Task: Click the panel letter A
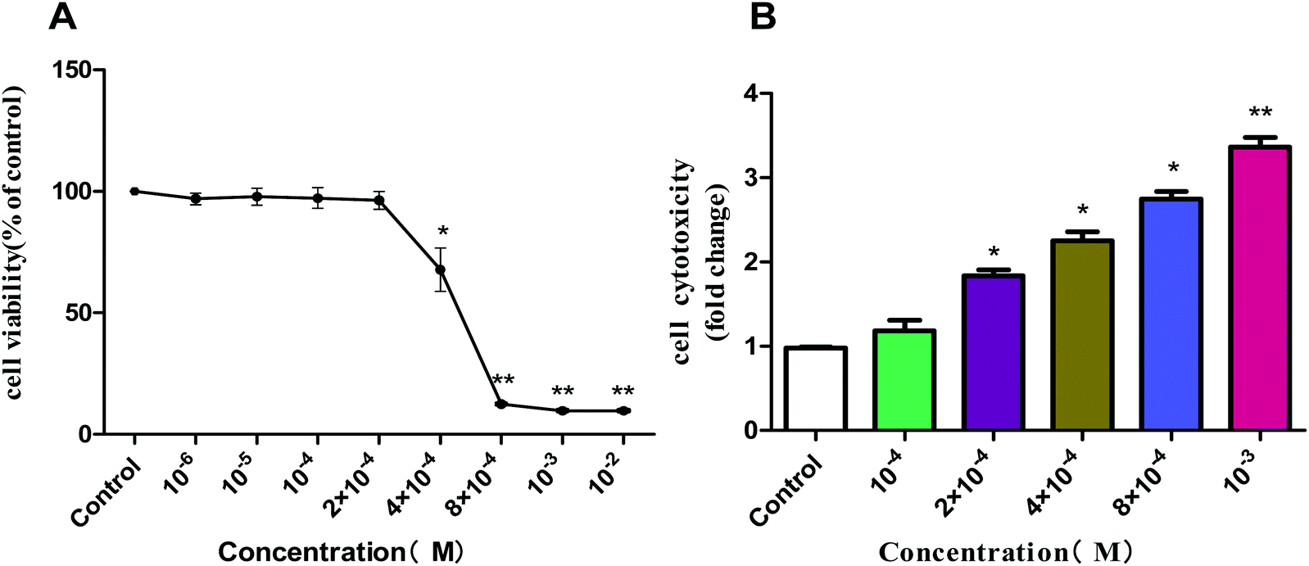point(63,16)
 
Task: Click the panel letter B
point(762,16)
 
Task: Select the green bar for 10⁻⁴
point(904,380)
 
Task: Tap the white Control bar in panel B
point(815,389)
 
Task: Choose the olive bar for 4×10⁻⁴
point(1082,335)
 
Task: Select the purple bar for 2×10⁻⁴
point(994,352)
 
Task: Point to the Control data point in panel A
point(134,192)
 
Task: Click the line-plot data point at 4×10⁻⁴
point(440,269)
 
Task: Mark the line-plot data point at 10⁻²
point(623,410)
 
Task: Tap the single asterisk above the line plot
point(442,231)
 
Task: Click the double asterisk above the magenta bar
point(1260,112)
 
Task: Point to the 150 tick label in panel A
point(71,70)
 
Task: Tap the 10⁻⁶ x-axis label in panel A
point(183,479)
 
